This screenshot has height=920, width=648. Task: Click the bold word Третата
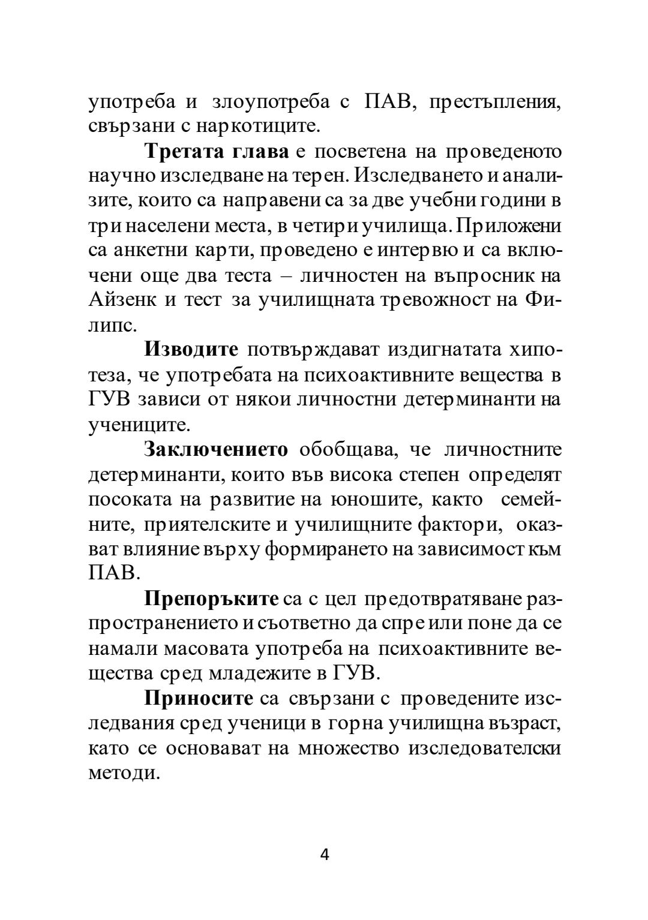click(182, 152)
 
